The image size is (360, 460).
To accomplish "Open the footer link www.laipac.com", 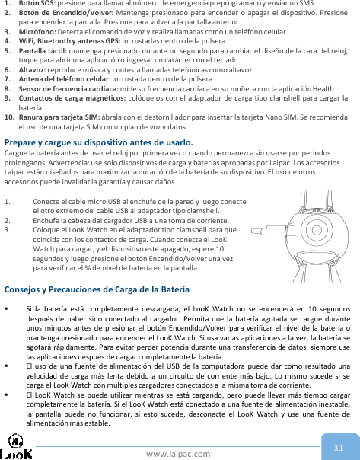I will (180, 454).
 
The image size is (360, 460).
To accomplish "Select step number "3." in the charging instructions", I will (7, 229).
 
